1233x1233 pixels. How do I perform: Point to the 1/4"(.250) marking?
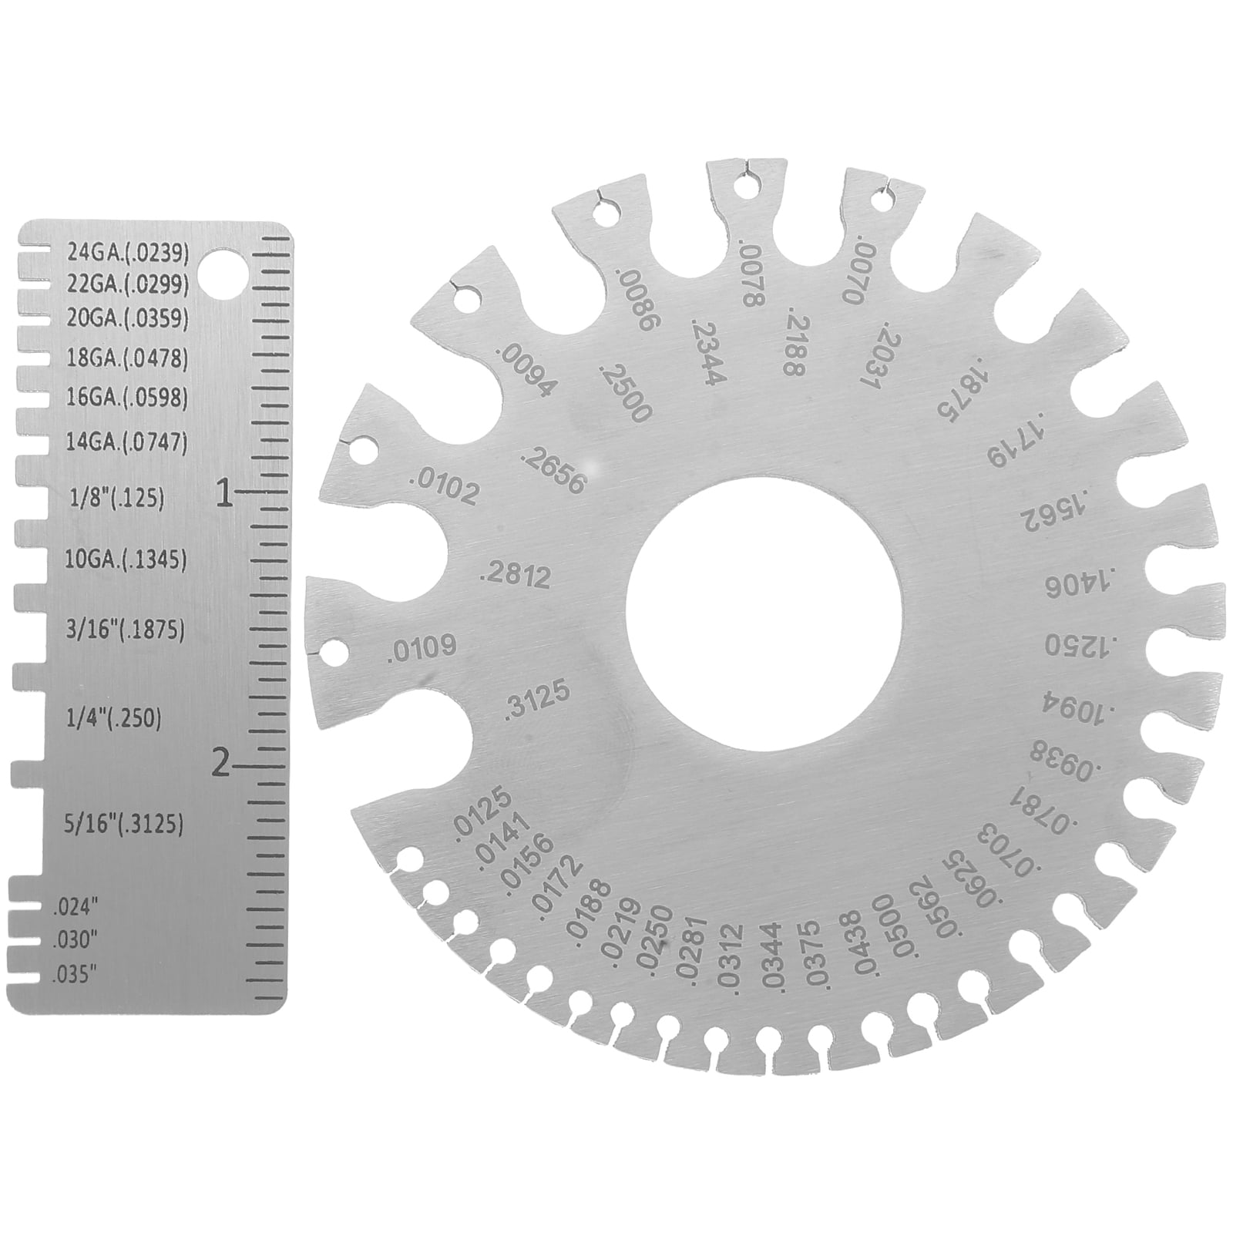click(x=115, y=719)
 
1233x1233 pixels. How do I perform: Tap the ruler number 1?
click(x=224, y=493)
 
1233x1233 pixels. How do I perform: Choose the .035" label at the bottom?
click(x=76, y=973)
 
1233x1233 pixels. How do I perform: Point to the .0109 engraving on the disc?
click(x=423, y=650)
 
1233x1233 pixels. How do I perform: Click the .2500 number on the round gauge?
click(x=623, y=392)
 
